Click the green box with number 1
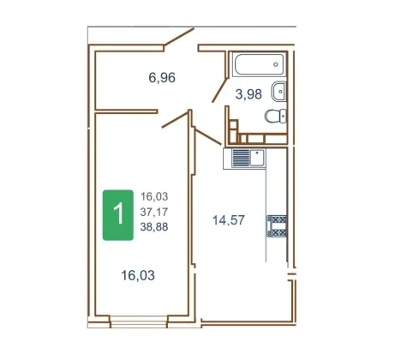[118, 215]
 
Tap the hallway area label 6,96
[162, 77]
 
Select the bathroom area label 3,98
[248, 94]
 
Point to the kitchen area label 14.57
[229, 220]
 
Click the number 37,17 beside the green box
[154, 212]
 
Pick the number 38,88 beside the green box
[154, 227]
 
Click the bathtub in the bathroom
[260, 64]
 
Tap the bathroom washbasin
[278, 92]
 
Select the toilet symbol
[276, 116]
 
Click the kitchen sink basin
[257, 158]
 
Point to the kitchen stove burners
[277, 225]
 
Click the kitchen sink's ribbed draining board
[241, 158]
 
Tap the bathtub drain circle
[276, 64]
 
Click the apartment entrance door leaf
[178, 37]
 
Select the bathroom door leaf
[219, 90]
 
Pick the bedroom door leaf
[175, 119]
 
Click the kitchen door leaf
[207, 136]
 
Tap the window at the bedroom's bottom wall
[139, 321]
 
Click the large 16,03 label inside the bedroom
[138, 275]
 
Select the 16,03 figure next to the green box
[154, 196]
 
